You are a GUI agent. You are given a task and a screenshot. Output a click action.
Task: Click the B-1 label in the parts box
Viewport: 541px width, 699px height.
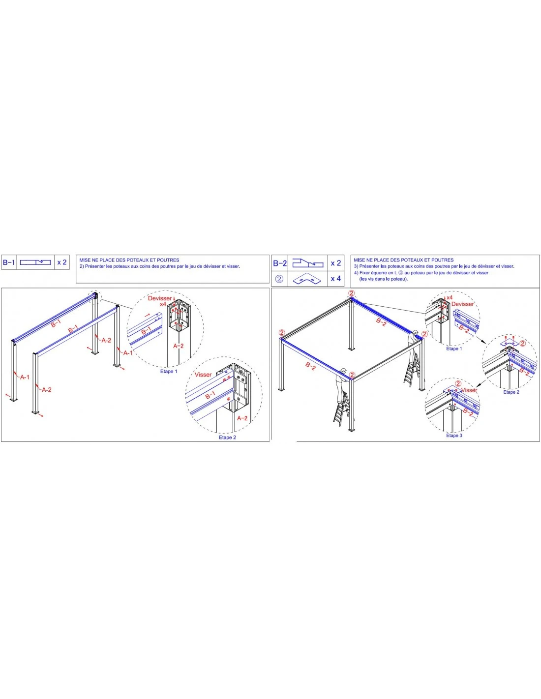click(9, 262)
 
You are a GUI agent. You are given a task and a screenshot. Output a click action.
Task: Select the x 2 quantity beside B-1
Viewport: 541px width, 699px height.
click(62, 262)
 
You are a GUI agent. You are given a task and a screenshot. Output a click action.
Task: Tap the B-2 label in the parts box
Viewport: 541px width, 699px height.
click(280, 263)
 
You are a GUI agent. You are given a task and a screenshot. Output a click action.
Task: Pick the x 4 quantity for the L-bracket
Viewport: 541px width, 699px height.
click(336, 278)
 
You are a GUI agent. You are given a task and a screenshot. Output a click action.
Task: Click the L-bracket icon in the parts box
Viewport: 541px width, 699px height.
click(307, 279)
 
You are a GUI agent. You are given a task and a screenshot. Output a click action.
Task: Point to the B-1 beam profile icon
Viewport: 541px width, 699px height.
click(35, 262)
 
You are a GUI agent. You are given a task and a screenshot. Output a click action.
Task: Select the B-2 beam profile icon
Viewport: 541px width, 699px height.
click(308, 263)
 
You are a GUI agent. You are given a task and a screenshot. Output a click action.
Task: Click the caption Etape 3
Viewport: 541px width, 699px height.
click(454, 436)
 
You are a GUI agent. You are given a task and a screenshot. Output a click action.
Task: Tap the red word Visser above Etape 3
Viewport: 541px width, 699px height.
click(469, 390)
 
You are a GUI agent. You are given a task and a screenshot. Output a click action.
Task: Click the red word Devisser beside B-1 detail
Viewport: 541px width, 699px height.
click(160, 298)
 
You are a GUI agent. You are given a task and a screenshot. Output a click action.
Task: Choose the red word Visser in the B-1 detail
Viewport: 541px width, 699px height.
click(203, 375)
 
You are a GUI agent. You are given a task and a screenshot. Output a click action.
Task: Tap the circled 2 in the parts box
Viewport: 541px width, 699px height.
click(279, 279)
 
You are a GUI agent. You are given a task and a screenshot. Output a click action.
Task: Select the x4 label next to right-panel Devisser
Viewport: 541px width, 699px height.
click(450, 297)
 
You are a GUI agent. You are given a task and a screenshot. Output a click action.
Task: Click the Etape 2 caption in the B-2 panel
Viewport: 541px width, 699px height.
click(511, 392)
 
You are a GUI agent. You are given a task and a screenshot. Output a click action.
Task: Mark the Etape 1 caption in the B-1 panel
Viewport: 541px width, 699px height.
click(169, 372)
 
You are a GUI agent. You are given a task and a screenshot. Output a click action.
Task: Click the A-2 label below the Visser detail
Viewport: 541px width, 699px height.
click(242, 418)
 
